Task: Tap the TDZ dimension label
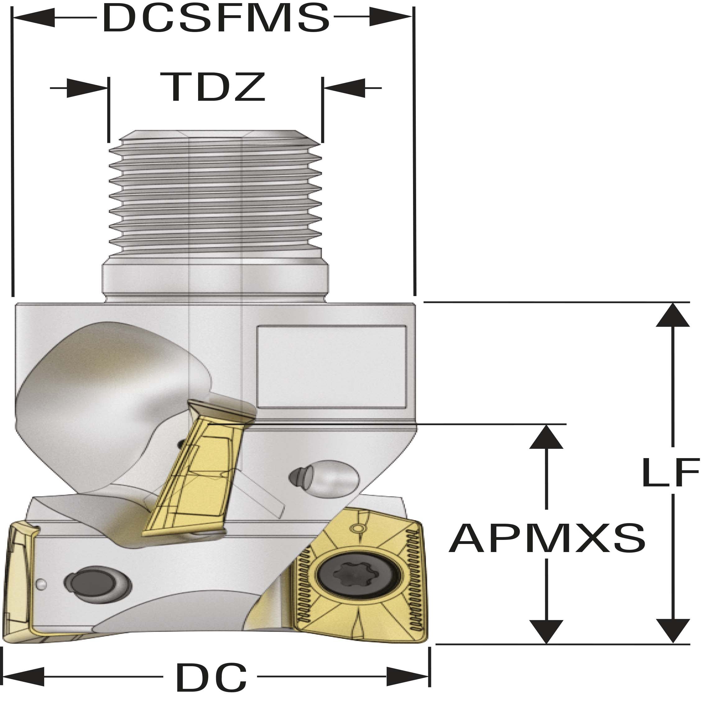pos(213,87)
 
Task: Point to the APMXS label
pos(547,538)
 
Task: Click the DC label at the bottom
pos(211,677)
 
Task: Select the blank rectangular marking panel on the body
pos(331,366)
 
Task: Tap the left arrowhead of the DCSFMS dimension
pos(35,17)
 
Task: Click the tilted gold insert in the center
pos(196,479)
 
